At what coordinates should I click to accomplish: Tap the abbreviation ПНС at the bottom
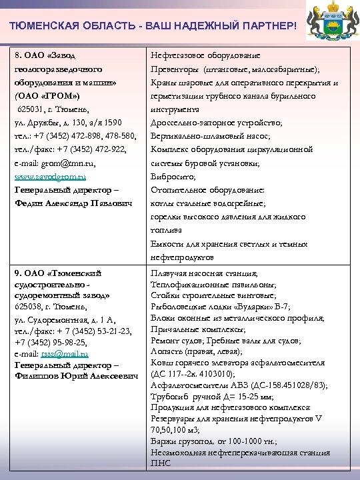162,463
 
